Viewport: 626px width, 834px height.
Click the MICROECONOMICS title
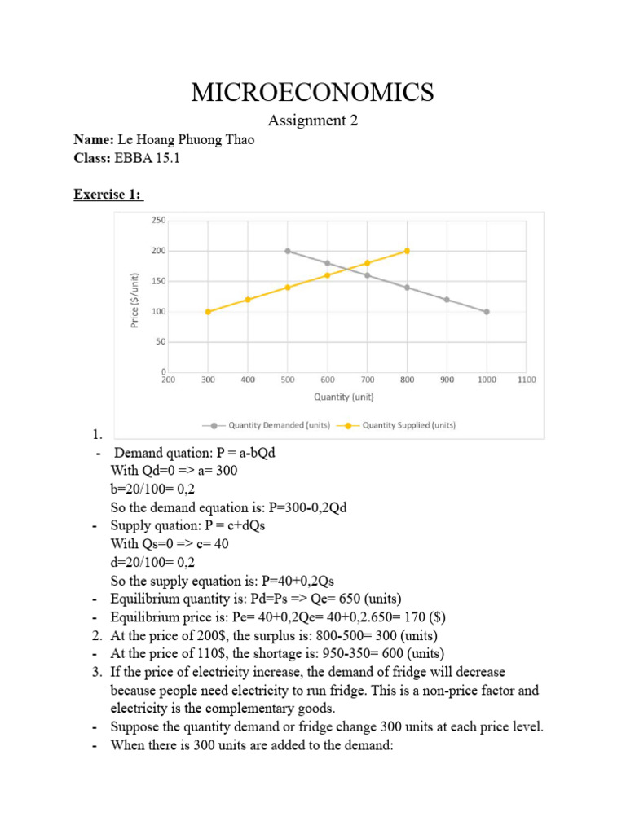(312, 92)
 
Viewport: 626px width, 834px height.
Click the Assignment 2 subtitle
(313, 121)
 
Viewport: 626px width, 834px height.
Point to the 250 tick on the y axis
(157, 220)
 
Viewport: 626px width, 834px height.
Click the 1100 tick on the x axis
(527, 380)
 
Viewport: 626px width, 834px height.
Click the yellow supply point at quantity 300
(208, 312)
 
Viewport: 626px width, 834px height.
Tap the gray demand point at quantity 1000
(487, 312)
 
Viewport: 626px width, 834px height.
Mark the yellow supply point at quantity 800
(407, 251)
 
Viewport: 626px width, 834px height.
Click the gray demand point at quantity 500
(288, 251)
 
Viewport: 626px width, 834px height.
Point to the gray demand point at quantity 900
(447, 300)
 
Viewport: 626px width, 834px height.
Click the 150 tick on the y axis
(157, 281)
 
